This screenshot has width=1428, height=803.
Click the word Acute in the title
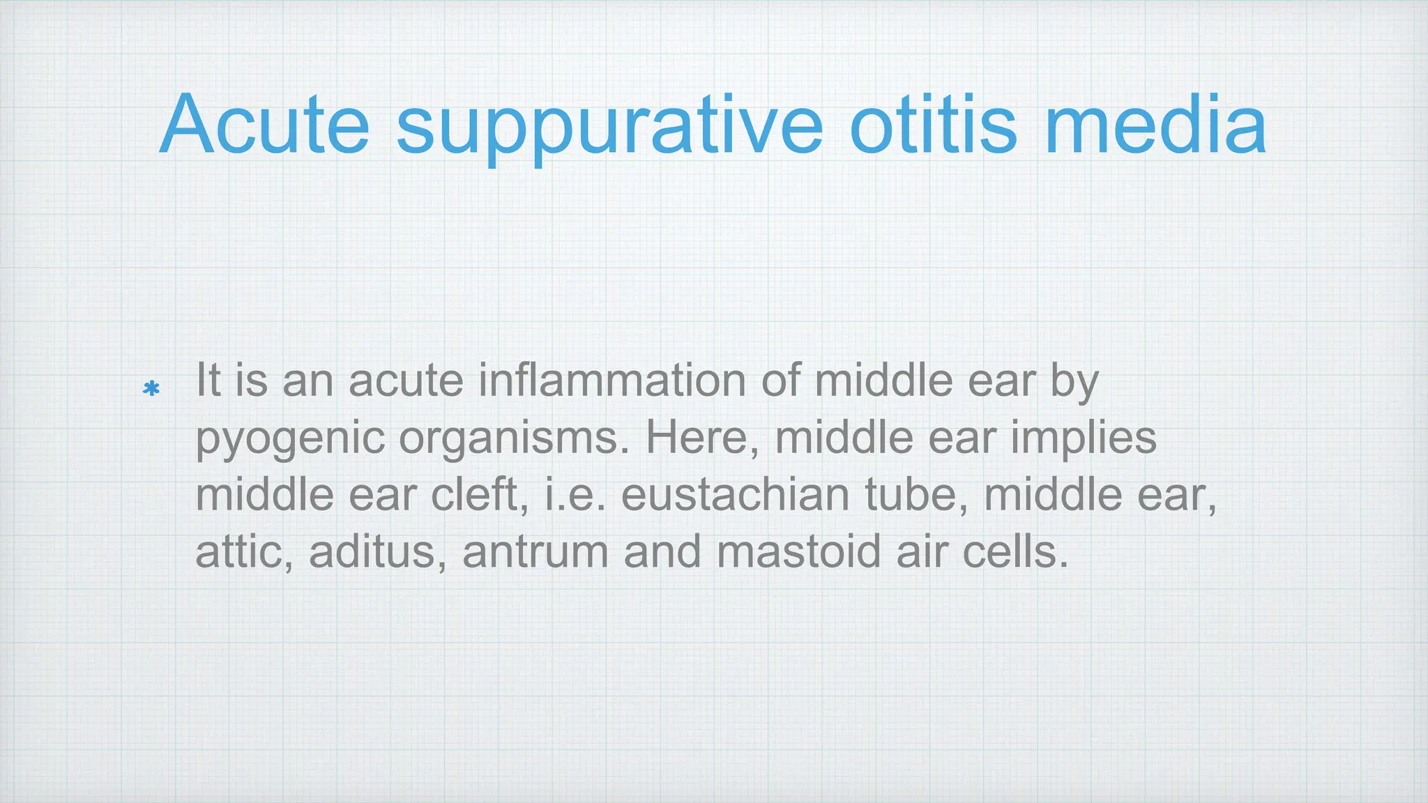[264, 125]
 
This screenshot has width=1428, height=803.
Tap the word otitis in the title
[934, 125]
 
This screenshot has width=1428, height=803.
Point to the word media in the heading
[1155, 125]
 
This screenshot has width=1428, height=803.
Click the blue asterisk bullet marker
[151, 388]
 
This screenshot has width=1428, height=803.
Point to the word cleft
[479, 495]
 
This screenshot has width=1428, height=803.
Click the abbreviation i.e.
[575, 495]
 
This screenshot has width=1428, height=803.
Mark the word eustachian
[735, 495]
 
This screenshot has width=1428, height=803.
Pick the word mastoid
[798, 552]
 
